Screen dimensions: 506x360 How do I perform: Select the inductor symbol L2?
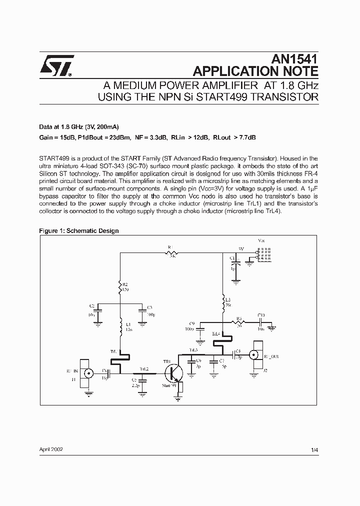pos(223,301)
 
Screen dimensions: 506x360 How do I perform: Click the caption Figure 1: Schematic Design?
pos(78,230)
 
